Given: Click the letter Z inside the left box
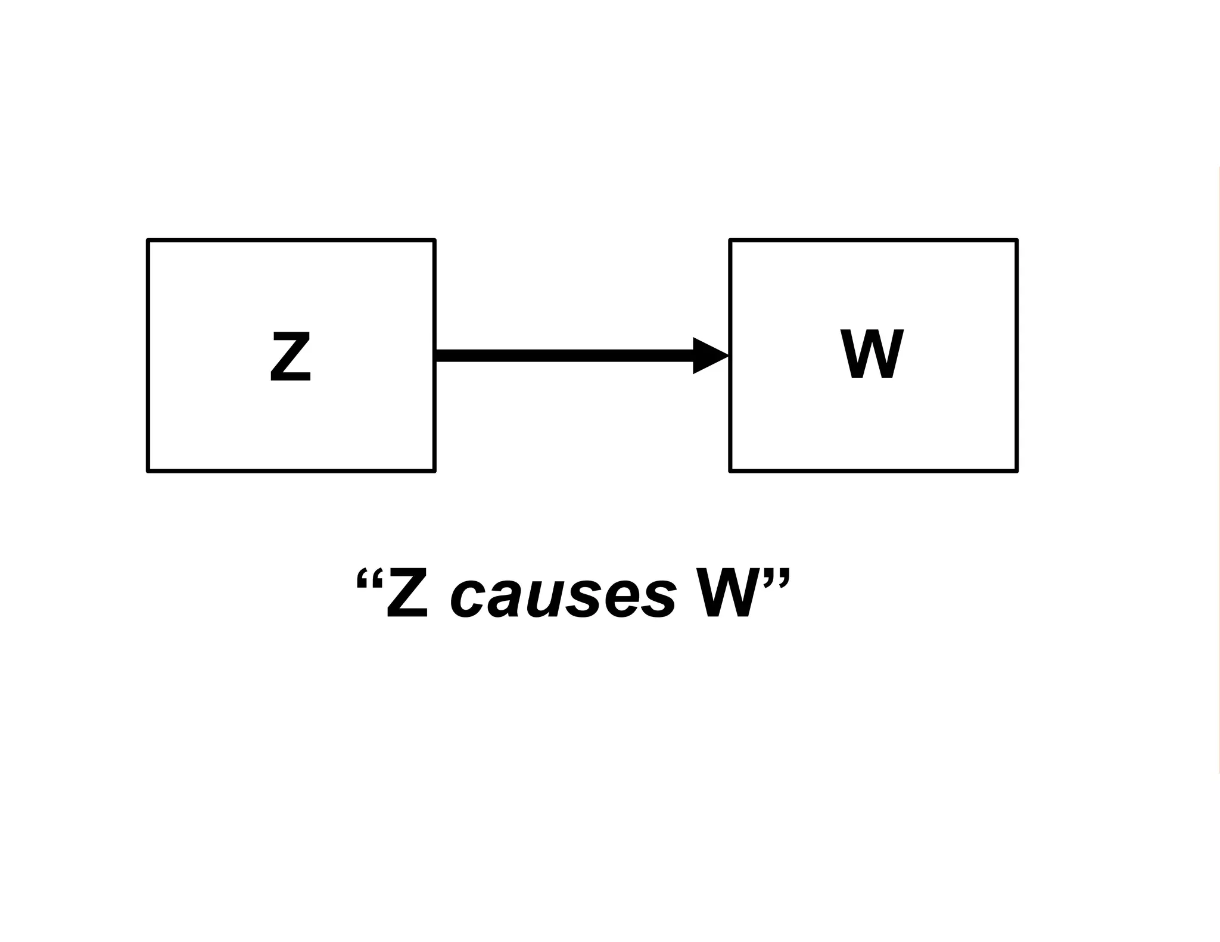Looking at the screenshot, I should (x=291, y=357).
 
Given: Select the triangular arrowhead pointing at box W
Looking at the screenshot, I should (x=709, y=356).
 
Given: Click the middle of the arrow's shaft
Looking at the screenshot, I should (x=565, y=356).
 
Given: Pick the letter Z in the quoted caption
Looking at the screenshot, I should (x=407, y=593).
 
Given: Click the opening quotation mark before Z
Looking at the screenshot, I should (x=369, y=578).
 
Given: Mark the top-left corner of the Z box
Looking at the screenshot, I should (x=148, y=241).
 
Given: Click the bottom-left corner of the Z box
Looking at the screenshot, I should (x=148, y=471).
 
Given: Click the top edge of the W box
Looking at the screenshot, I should (x=873, y=241).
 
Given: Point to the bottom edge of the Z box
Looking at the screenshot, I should (x=291, y=471).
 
